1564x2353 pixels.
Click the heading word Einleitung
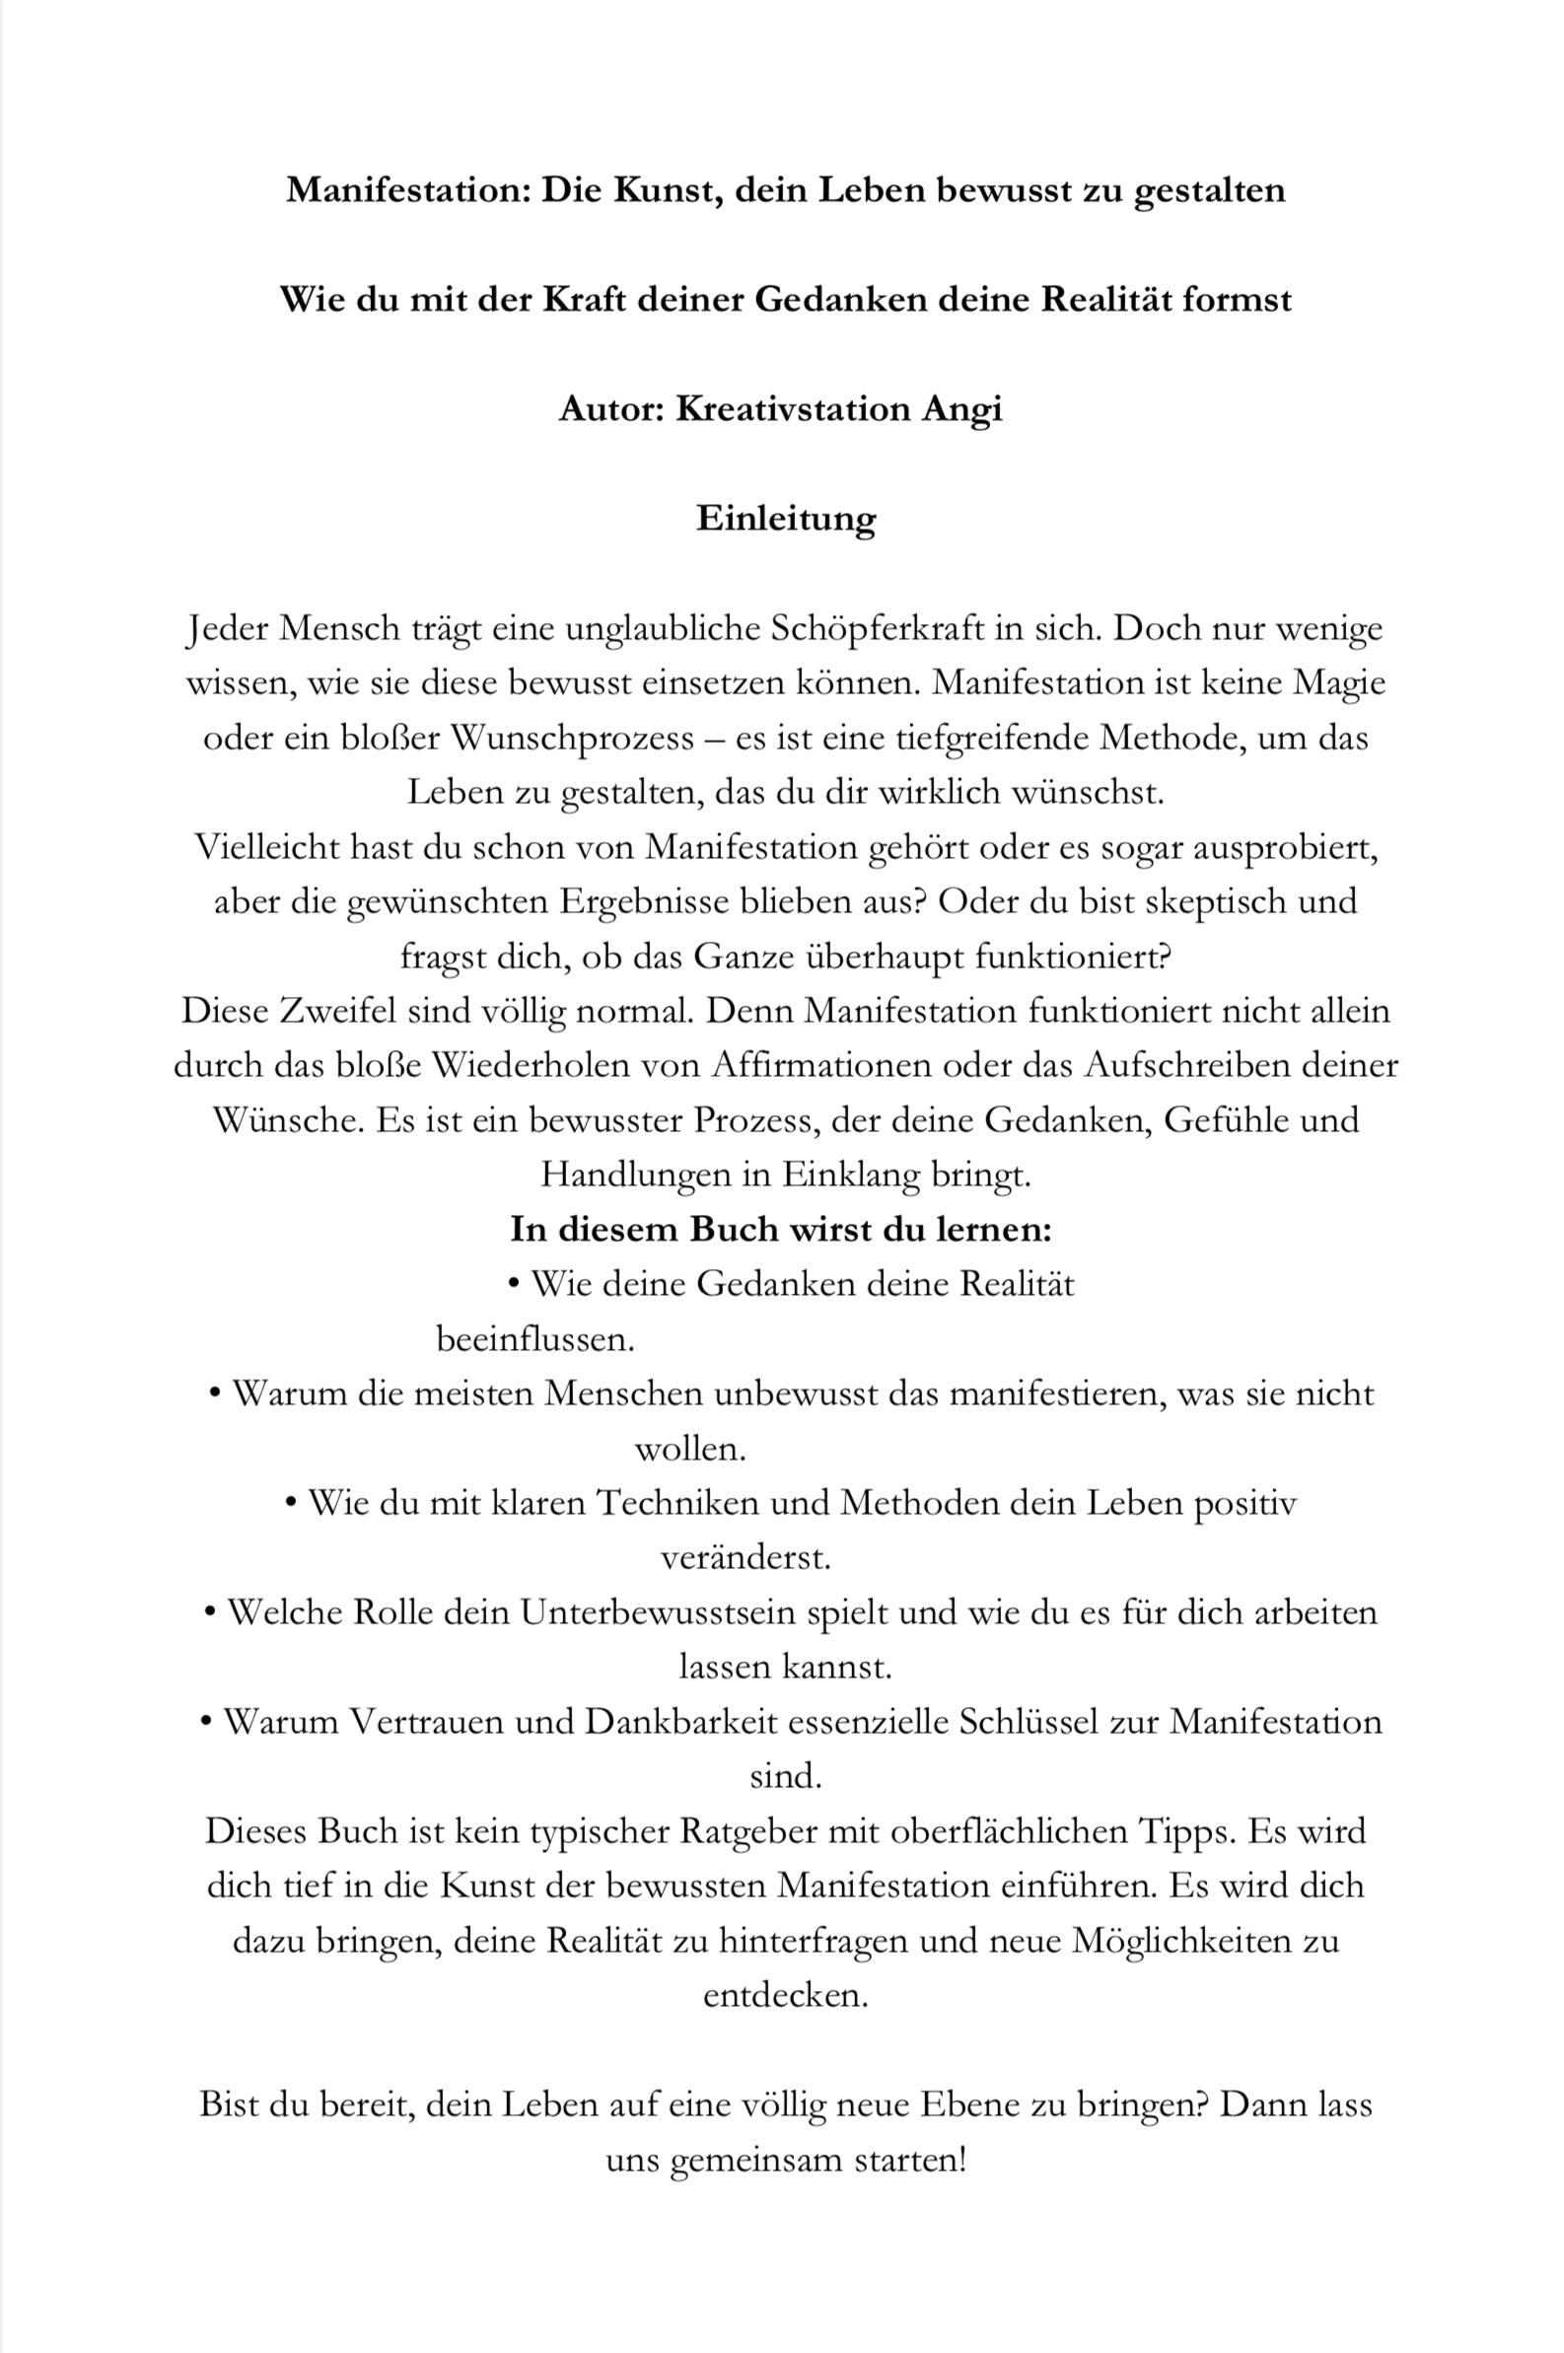(x=785, y=519)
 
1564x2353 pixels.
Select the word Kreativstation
(x=792, y=409)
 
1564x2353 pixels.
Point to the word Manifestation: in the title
(x=408, y=189)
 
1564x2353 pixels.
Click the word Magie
(x=1338, y=683)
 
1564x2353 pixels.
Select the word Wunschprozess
(x=572, y=738)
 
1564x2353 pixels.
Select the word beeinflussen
(x=534, y=1339)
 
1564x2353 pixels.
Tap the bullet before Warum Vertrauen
(x=206, y=1723)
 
